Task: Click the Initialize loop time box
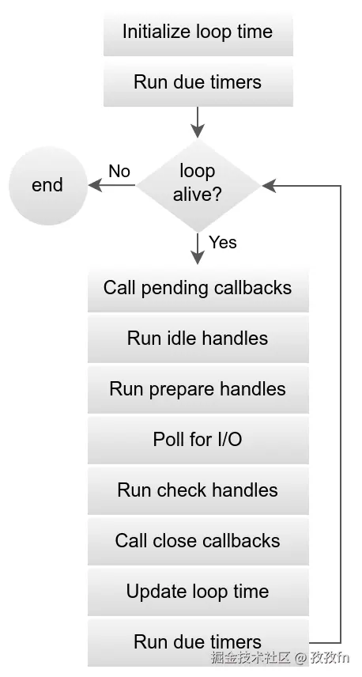(198, 32)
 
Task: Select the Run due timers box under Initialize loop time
(198, 82)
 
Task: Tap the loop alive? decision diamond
(198, 183)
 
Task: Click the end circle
(47, 185)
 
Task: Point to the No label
(119, 171)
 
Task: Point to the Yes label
(223, 242)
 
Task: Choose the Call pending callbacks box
(198, 288)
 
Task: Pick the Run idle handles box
(198, 338)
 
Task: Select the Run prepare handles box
(198, 389)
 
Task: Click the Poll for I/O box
(198, 440)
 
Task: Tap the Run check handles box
(198, 490)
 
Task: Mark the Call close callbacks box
(198, 541)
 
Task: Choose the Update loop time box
(198, 592)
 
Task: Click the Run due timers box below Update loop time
(198, 641)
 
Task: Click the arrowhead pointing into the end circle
(95, 185)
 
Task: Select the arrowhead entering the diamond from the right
(269, 185)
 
